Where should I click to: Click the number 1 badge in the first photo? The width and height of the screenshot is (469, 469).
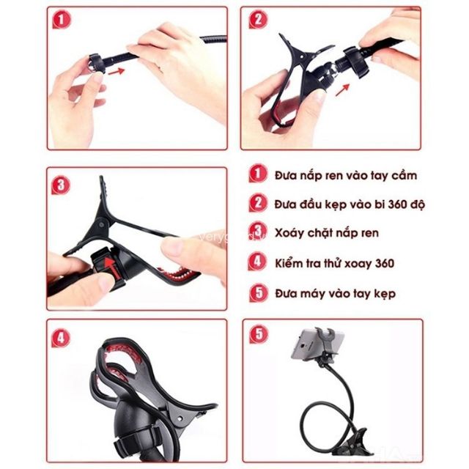[x=62, y=20]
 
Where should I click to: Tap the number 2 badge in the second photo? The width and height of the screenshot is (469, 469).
[x=258, y=20]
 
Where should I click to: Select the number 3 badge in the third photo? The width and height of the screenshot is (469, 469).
[x=61, y=185]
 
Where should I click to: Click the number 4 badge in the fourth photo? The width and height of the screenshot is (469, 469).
[x=61, y=339]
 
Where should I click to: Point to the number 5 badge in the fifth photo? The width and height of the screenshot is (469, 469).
[x=259, y=334]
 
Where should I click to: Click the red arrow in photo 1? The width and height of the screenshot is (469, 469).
[x=117, y=72]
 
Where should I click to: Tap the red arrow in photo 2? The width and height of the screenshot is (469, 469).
[x=342, y=90]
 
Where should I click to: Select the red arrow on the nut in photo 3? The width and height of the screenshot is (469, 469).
[x=111, y=266]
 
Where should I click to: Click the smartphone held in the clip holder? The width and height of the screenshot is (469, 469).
[x=317, y=344]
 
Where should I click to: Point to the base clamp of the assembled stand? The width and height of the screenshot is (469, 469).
[x=350, y=442]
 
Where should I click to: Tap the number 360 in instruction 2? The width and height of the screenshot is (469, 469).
[x=399, y=204]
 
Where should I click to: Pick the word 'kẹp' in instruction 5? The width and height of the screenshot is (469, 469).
[x=384, y=294]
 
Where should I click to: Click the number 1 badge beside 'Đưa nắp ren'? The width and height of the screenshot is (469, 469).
[x=258, y=173]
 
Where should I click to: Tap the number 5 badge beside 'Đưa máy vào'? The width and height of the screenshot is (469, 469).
[x=259, y=292]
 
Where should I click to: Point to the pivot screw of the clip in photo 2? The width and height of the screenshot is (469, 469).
[x=303, y=56]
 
